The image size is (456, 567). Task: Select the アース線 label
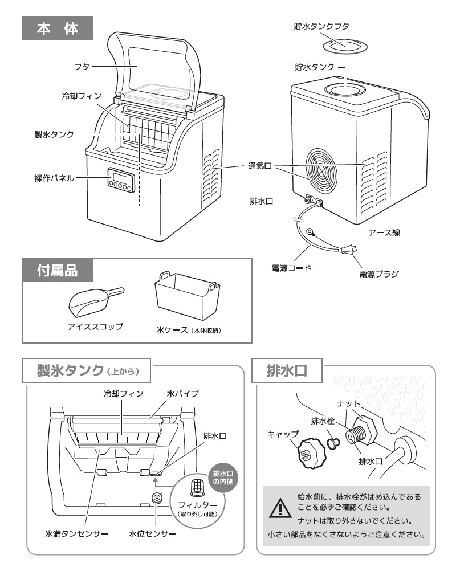[384, 232]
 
